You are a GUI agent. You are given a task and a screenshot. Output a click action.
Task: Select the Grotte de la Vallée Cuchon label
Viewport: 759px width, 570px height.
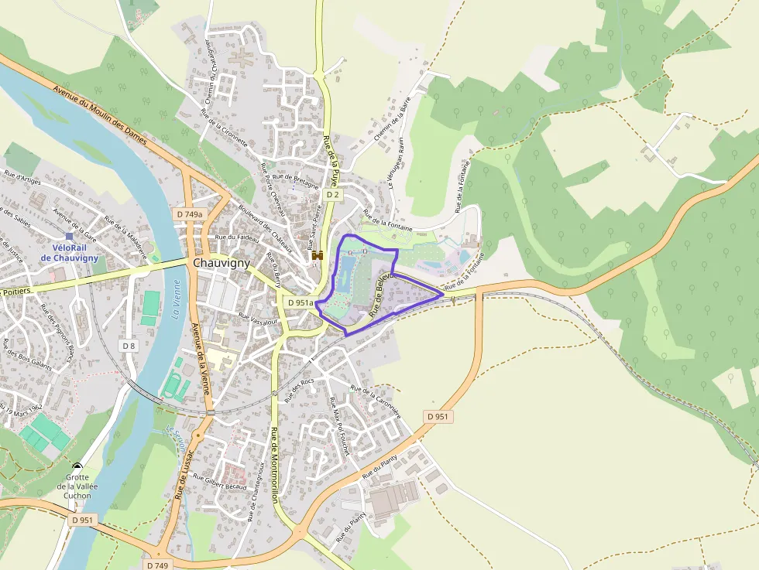(x=77, y=486)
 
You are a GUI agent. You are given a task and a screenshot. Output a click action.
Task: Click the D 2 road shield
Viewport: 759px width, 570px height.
(x=333, y=195)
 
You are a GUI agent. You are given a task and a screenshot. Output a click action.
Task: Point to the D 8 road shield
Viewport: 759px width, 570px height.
(x=129, y=346)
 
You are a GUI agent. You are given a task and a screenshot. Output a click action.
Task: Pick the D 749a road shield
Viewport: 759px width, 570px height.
(x=189, y=214)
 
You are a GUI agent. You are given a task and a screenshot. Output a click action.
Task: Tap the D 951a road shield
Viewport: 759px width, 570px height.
(x=300, y=302)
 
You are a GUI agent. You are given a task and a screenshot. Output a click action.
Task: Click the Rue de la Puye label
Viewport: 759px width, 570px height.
(x=331, y=161)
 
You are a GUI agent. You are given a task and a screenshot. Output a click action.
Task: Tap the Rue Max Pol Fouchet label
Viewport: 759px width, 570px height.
(x=340, y=425)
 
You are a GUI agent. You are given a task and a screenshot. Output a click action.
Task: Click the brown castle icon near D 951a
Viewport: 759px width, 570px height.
(x=317, y=255)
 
